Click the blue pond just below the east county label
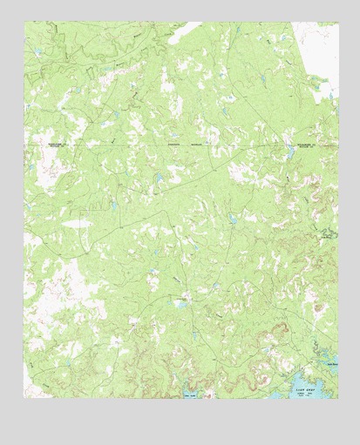[289, 154]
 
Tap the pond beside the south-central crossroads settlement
[182, 303]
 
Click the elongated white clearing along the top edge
[184, 35]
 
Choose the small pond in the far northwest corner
[37, 52]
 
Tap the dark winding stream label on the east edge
[328, 233]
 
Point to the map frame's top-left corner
[24, 23]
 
